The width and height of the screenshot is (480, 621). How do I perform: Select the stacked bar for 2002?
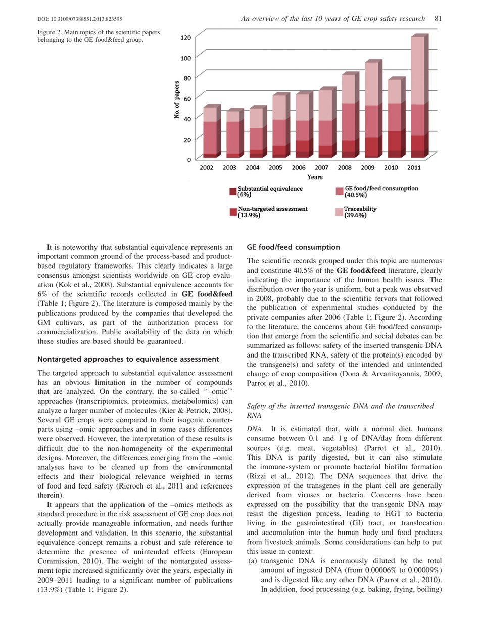(210, 131)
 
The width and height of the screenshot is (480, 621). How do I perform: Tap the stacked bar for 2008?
(348, 115)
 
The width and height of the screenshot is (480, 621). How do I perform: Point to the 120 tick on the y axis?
(185, 38)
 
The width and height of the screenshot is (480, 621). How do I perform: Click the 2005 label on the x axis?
(275, 167)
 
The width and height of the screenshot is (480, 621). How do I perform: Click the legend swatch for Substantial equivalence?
(233, 191)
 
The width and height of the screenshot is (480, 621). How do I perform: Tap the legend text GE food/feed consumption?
(381, 188)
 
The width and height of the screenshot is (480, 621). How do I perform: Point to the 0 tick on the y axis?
(188, 160)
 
